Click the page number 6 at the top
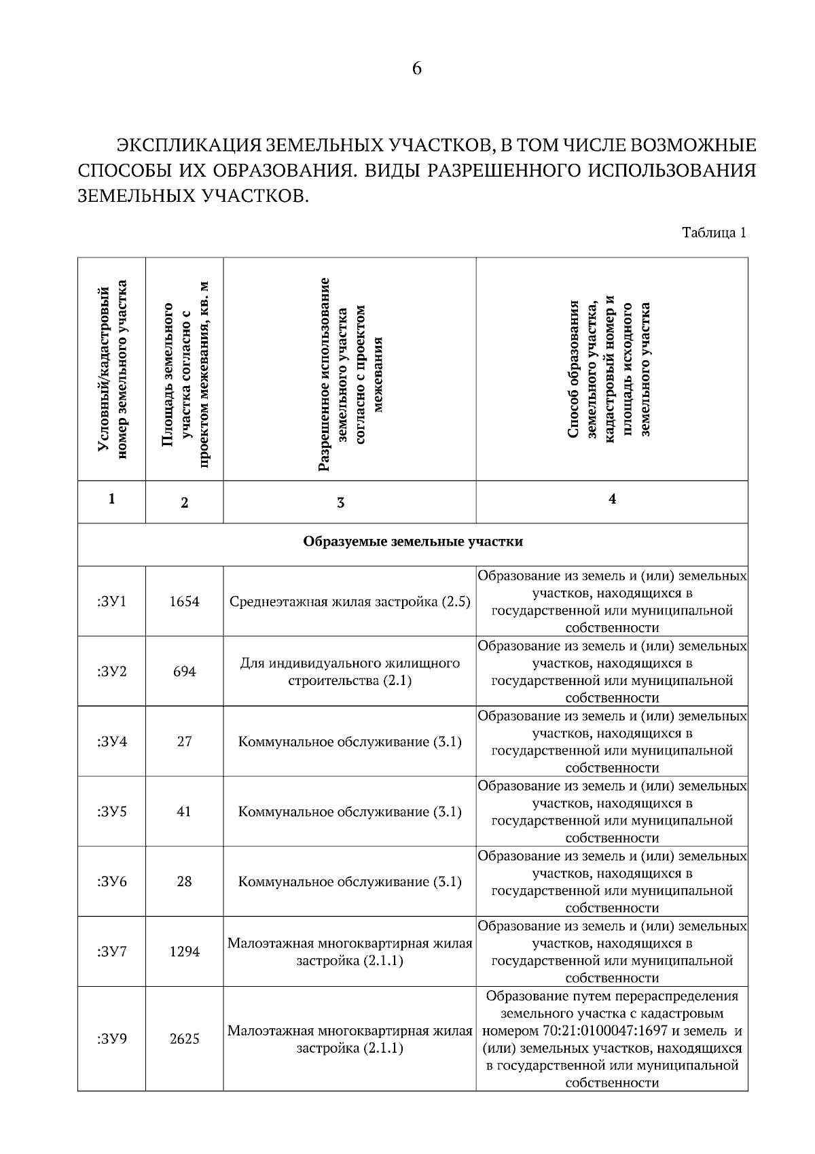416,69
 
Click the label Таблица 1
714,233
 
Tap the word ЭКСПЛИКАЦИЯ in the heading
187,145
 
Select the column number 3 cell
341,503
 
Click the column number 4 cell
612,499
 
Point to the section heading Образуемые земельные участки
412,542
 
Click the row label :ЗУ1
112,601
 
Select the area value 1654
184,601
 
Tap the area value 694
184,671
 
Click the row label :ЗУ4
112,741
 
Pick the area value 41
184,811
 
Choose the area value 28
184,881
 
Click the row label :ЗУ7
112,951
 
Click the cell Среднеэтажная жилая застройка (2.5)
350,602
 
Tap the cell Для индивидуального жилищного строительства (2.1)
350,671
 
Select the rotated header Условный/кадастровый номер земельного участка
112,369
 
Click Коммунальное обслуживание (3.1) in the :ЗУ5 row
350,812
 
